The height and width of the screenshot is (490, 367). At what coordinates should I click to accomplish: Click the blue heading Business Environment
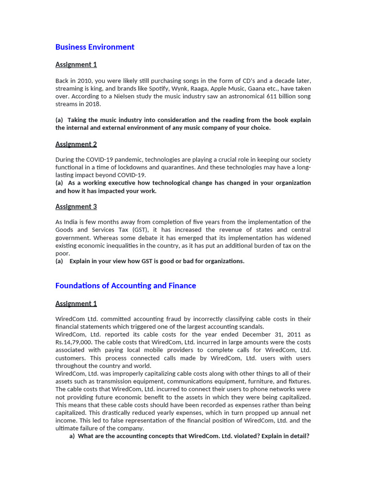[95, 47]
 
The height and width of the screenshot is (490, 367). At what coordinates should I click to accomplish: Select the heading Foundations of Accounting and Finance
[126, 286]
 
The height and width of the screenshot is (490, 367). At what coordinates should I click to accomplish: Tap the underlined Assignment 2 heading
[76, 144]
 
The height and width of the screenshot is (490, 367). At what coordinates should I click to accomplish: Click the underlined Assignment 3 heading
[76, 207]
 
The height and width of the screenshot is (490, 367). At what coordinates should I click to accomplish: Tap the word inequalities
[130, 245]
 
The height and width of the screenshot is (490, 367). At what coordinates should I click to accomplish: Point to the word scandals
[250, 327]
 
